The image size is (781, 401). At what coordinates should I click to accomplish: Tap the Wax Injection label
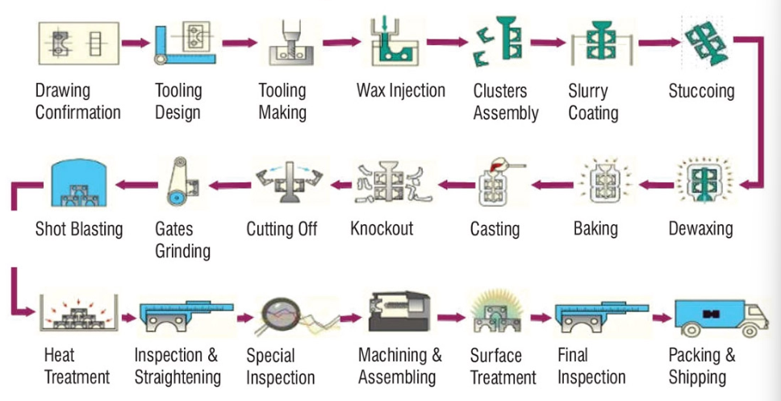pos(400,90)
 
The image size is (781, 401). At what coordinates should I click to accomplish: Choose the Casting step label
pos(495,229)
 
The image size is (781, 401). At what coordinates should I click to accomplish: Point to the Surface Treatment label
pos(503,366)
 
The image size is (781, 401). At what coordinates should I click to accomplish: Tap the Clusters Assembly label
pos(505,102)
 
